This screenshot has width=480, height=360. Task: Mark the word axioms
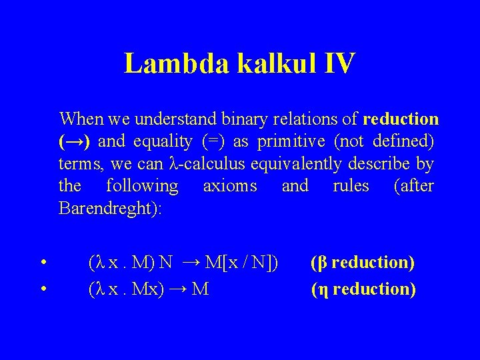coord(230,185)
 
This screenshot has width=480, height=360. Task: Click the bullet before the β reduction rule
coord(42,263)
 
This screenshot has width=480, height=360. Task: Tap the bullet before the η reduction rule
coord(42,289)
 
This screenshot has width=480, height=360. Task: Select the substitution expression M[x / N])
coord(241,263)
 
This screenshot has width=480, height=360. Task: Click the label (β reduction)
coord(363,263)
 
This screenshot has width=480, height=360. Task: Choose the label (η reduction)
coord(363,289)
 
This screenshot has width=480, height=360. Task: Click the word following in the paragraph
coord(142,185)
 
